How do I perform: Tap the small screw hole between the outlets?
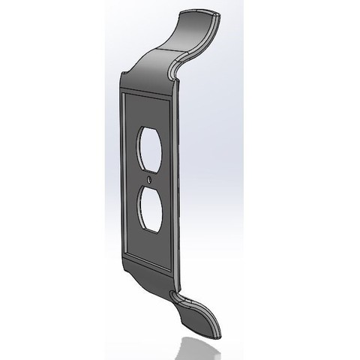(150, 180)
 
